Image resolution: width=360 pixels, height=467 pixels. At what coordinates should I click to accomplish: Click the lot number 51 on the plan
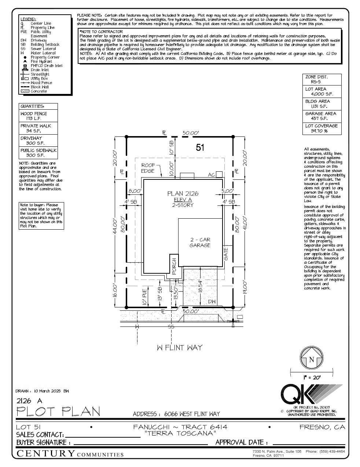click(200, 147)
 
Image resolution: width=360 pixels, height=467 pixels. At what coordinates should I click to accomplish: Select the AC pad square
click(219, 175)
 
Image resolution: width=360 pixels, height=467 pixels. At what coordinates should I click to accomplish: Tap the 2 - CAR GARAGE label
click(200, 242)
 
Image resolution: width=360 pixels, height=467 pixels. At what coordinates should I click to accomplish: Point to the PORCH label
click(174, 266)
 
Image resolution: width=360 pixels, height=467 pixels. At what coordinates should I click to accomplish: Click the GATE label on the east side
click(226, 254)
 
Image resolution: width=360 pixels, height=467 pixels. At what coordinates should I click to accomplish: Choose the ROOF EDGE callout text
click(148, 168)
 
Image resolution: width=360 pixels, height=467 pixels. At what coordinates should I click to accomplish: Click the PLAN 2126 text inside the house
click(183, 194)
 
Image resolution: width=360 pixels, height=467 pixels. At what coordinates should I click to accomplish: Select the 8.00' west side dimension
click(135, 191)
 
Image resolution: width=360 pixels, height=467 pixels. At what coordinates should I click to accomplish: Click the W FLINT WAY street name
click(180, 347)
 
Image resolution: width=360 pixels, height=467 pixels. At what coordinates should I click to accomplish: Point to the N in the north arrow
click(311, 360)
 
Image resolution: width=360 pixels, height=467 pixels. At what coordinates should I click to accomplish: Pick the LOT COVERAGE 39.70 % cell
click(322, 128)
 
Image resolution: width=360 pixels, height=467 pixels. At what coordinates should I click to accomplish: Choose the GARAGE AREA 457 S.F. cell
click(322, 116)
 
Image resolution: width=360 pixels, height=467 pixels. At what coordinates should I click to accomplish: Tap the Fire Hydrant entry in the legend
click(41, 62)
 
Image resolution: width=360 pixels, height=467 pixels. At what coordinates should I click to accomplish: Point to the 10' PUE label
click(145, 297)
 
